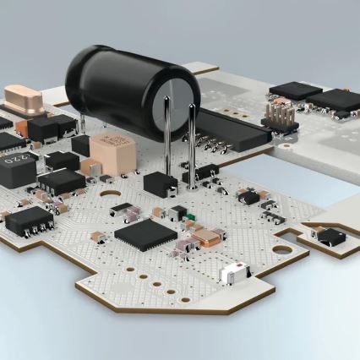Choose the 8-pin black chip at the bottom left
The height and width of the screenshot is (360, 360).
click(x=28, y=220)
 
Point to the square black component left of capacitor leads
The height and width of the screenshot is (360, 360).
click(x=160, y=183)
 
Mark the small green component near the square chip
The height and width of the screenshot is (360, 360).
click(x=191, y=226)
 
